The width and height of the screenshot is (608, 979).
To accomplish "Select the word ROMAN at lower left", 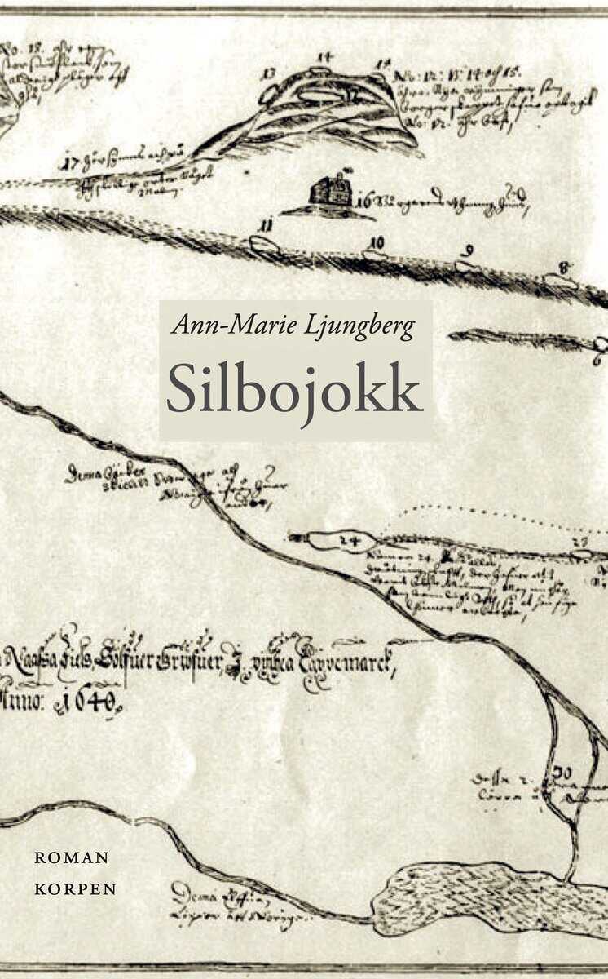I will [72, 857].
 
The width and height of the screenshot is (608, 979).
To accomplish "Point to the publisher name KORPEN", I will [75, 888].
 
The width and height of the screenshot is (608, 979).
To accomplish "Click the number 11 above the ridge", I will [265, 225].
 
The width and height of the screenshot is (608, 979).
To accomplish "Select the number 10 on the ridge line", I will [376, 242].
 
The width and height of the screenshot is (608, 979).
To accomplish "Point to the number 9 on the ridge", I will [468, 252].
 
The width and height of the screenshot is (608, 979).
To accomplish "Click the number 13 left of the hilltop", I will [268, 73].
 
